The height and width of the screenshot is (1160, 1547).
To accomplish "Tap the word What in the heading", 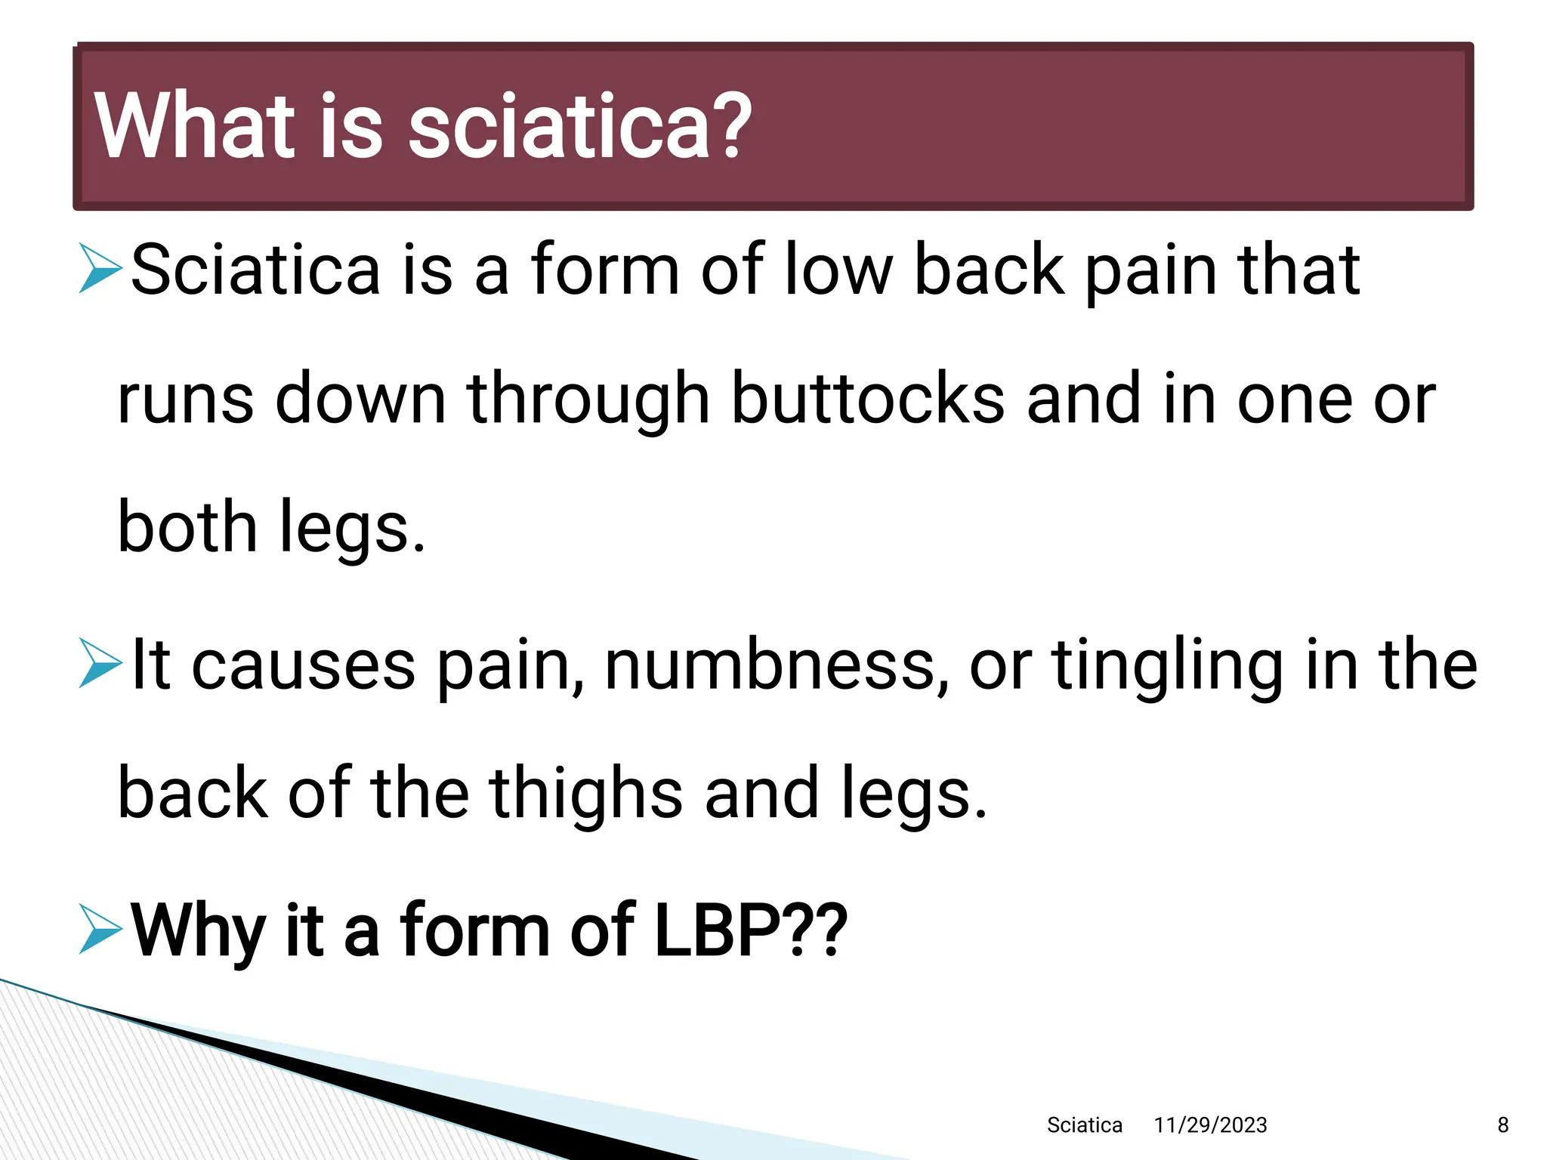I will click(x=195, y=127).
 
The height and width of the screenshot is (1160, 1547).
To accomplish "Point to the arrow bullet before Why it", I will click(x=100, y=930).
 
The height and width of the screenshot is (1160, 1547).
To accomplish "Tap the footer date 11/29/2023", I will click(x=1210, y=1125).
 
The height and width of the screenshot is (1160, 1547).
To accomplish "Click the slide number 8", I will click(x=1502, y=1125).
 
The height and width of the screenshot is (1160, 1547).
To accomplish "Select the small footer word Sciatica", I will click(x=1084, y=1125).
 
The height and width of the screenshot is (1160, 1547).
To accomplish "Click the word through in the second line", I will click(x=588, y=400).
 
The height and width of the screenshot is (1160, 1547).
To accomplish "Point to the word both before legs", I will click(x=187, y=527).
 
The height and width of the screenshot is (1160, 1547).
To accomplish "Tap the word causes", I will click(x=303, y=666).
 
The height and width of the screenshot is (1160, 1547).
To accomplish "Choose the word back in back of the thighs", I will click(x=193, y=793).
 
